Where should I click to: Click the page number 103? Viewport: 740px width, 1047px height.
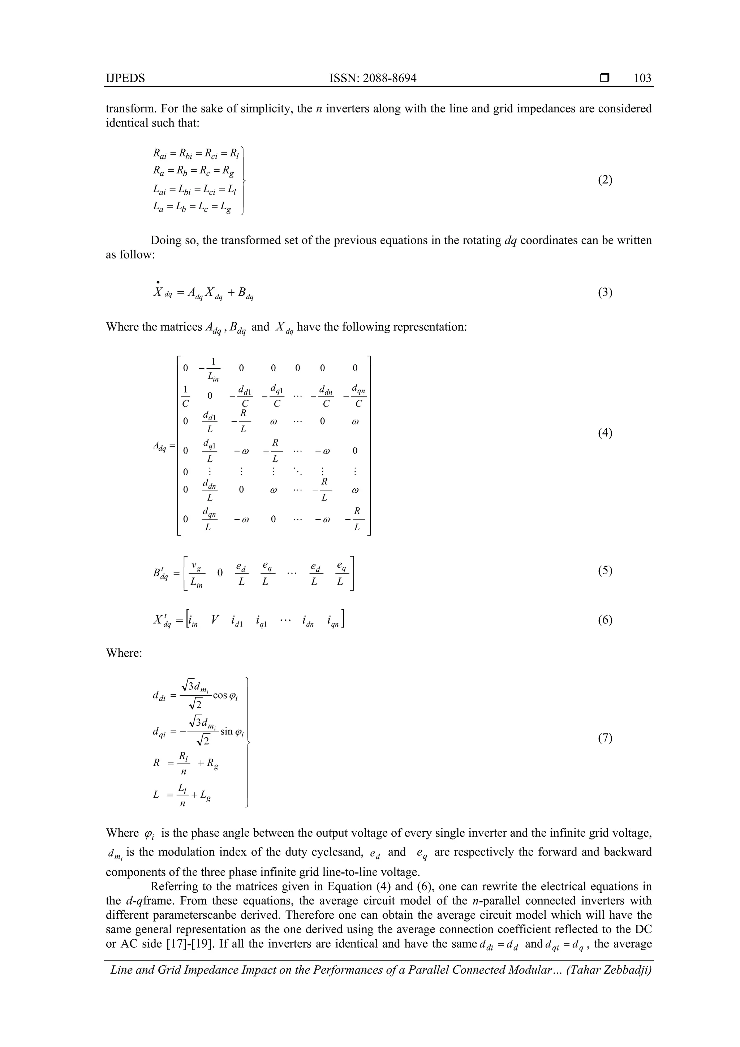point(642,78)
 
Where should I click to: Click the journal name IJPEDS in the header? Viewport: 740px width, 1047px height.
point(125,78)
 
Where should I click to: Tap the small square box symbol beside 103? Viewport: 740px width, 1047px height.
point(605,78)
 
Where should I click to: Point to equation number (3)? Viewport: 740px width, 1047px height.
point(605,292)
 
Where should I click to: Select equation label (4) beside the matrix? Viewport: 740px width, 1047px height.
point(605,433)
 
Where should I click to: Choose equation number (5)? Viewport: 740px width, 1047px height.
point(605,571)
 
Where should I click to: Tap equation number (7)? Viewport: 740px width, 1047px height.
point(605,738)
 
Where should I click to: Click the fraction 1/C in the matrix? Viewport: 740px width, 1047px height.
point(185,396)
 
